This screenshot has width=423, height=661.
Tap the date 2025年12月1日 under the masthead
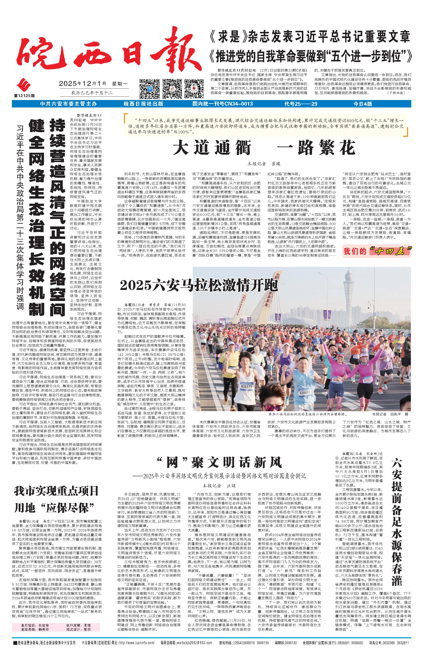coord(82,83)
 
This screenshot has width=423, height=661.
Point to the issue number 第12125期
coord(24,96)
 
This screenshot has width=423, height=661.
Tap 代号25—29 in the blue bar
coord(301,104)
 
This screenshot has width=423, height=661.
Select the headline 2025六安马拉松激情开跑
coord(199,286)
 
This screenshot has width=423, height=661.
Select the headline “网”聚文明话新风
coord(220,463)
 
